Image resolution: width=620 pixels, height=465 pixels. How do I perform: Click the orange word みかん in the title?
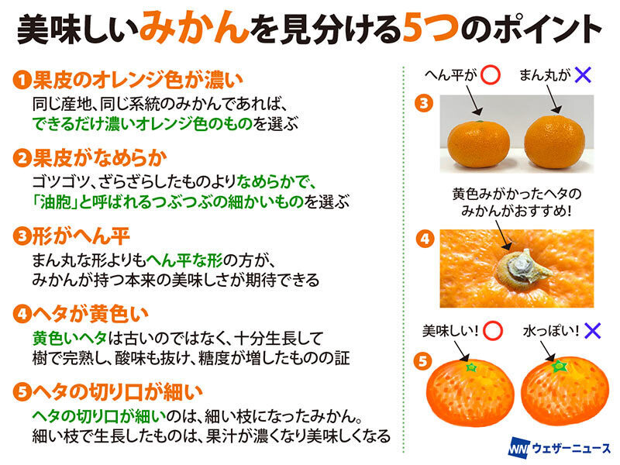coord(195,28)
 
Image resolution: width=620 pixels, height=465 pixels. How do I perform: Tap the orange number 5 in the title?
coord(415,29)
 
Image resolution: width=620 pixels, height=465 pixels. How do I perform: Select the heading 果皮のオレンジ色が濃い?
coord(138,80)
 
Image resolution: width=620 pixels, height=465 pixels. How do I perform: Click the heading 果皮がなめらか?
coord(100,158)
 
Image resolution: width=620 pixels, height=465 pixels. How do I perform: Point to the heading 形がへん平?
coord(81,236)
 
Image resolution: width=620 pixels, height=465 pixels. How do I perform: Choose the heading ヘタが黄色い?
coord(90,314)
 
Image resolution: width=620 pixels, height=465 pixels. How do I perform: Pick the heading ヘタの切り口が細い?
coord(118,392)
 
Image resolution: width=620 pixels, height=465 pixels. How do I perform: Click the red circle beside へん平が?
coord(491,74)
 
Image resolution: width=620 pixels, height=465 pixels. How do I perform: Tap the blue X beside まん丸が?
coord(583,74)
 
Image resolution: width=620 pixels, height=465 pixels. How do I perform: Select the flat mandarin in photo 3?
coord(478,144)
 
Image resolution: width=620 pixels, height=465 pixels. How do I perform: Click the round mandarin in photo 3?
coord(554,142)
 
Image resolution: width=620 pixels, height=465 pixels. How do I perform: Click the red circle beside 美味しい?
coord(493,331)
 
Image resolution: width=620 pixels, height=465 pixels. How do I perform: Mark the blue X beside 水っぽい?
coord(592,331)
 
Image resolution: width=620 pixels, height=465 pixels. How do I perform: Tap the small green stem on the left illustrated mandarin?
coord(471,367)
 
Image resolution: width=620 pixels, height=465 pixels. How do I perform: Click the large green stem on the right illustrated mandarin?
coord(559,366)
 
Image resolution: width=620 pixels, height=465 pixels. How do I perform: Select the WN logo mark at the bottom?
coord(518,448)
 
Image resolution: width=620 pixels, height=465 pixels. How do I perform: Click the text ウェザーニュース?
coord(571,449)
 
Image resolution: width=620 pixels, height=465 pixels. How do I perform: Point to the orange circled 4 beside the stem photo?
coord(425,239)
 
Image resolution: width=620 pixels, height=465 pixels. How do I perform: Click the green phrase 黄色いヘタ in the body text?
coord(70,339)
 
